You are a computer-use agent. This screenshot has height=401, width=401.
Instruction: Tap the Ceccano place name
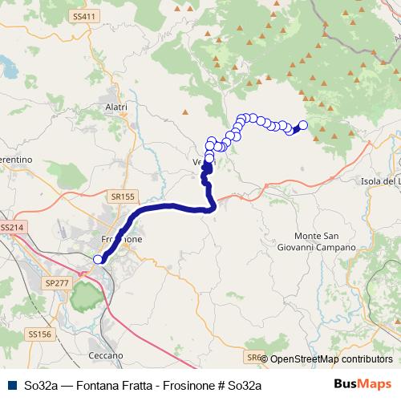(106, 354)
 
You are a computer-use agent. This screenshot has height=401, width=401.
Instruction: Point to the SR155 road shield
(123, 195)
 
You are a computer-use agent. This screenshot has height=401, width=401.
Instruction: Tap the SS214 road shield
(14, 228)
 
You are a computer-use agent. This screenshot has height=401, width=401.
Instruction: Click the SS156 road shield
(39, 333)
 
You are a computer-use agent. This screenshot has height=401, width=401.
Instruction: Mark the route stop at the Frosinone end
(99, 258)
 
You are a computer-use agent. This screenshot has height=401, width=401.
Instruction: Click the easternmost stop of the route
(302, 125)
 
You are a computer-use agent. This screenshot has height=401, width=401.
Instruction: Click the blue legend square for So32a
(11, 386)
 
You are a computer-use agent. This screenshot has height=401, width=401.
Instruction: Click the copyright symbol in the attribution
(265, 359)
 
